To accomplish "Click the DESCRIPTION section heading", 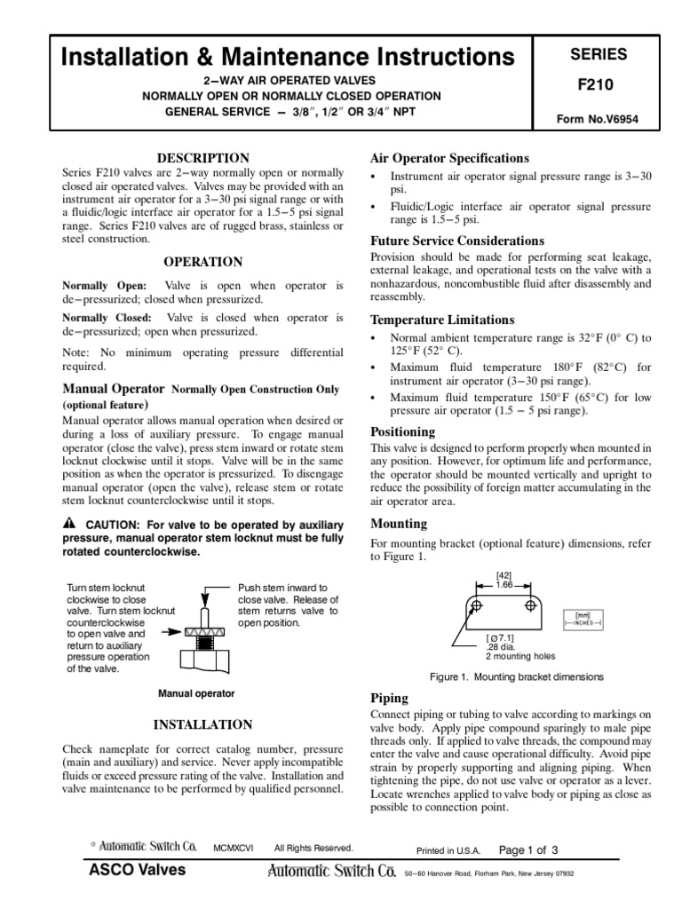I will pos(203,157).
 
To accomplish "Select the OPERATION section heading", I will pos(203,262).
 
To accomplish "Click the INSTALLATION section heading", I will pos(203,724).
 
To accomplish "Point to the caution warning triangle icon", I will pos(68,522).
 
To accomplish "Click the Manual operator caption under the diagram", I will pos(195,693).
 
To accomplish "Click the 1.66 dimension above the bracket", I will pos(505,585).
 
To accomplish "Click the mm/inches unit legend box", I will pos(584,618).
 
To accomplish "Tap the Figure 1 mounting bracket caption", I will pos(517,676).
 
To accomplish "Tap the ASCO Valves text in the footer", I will pos(138,870).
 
